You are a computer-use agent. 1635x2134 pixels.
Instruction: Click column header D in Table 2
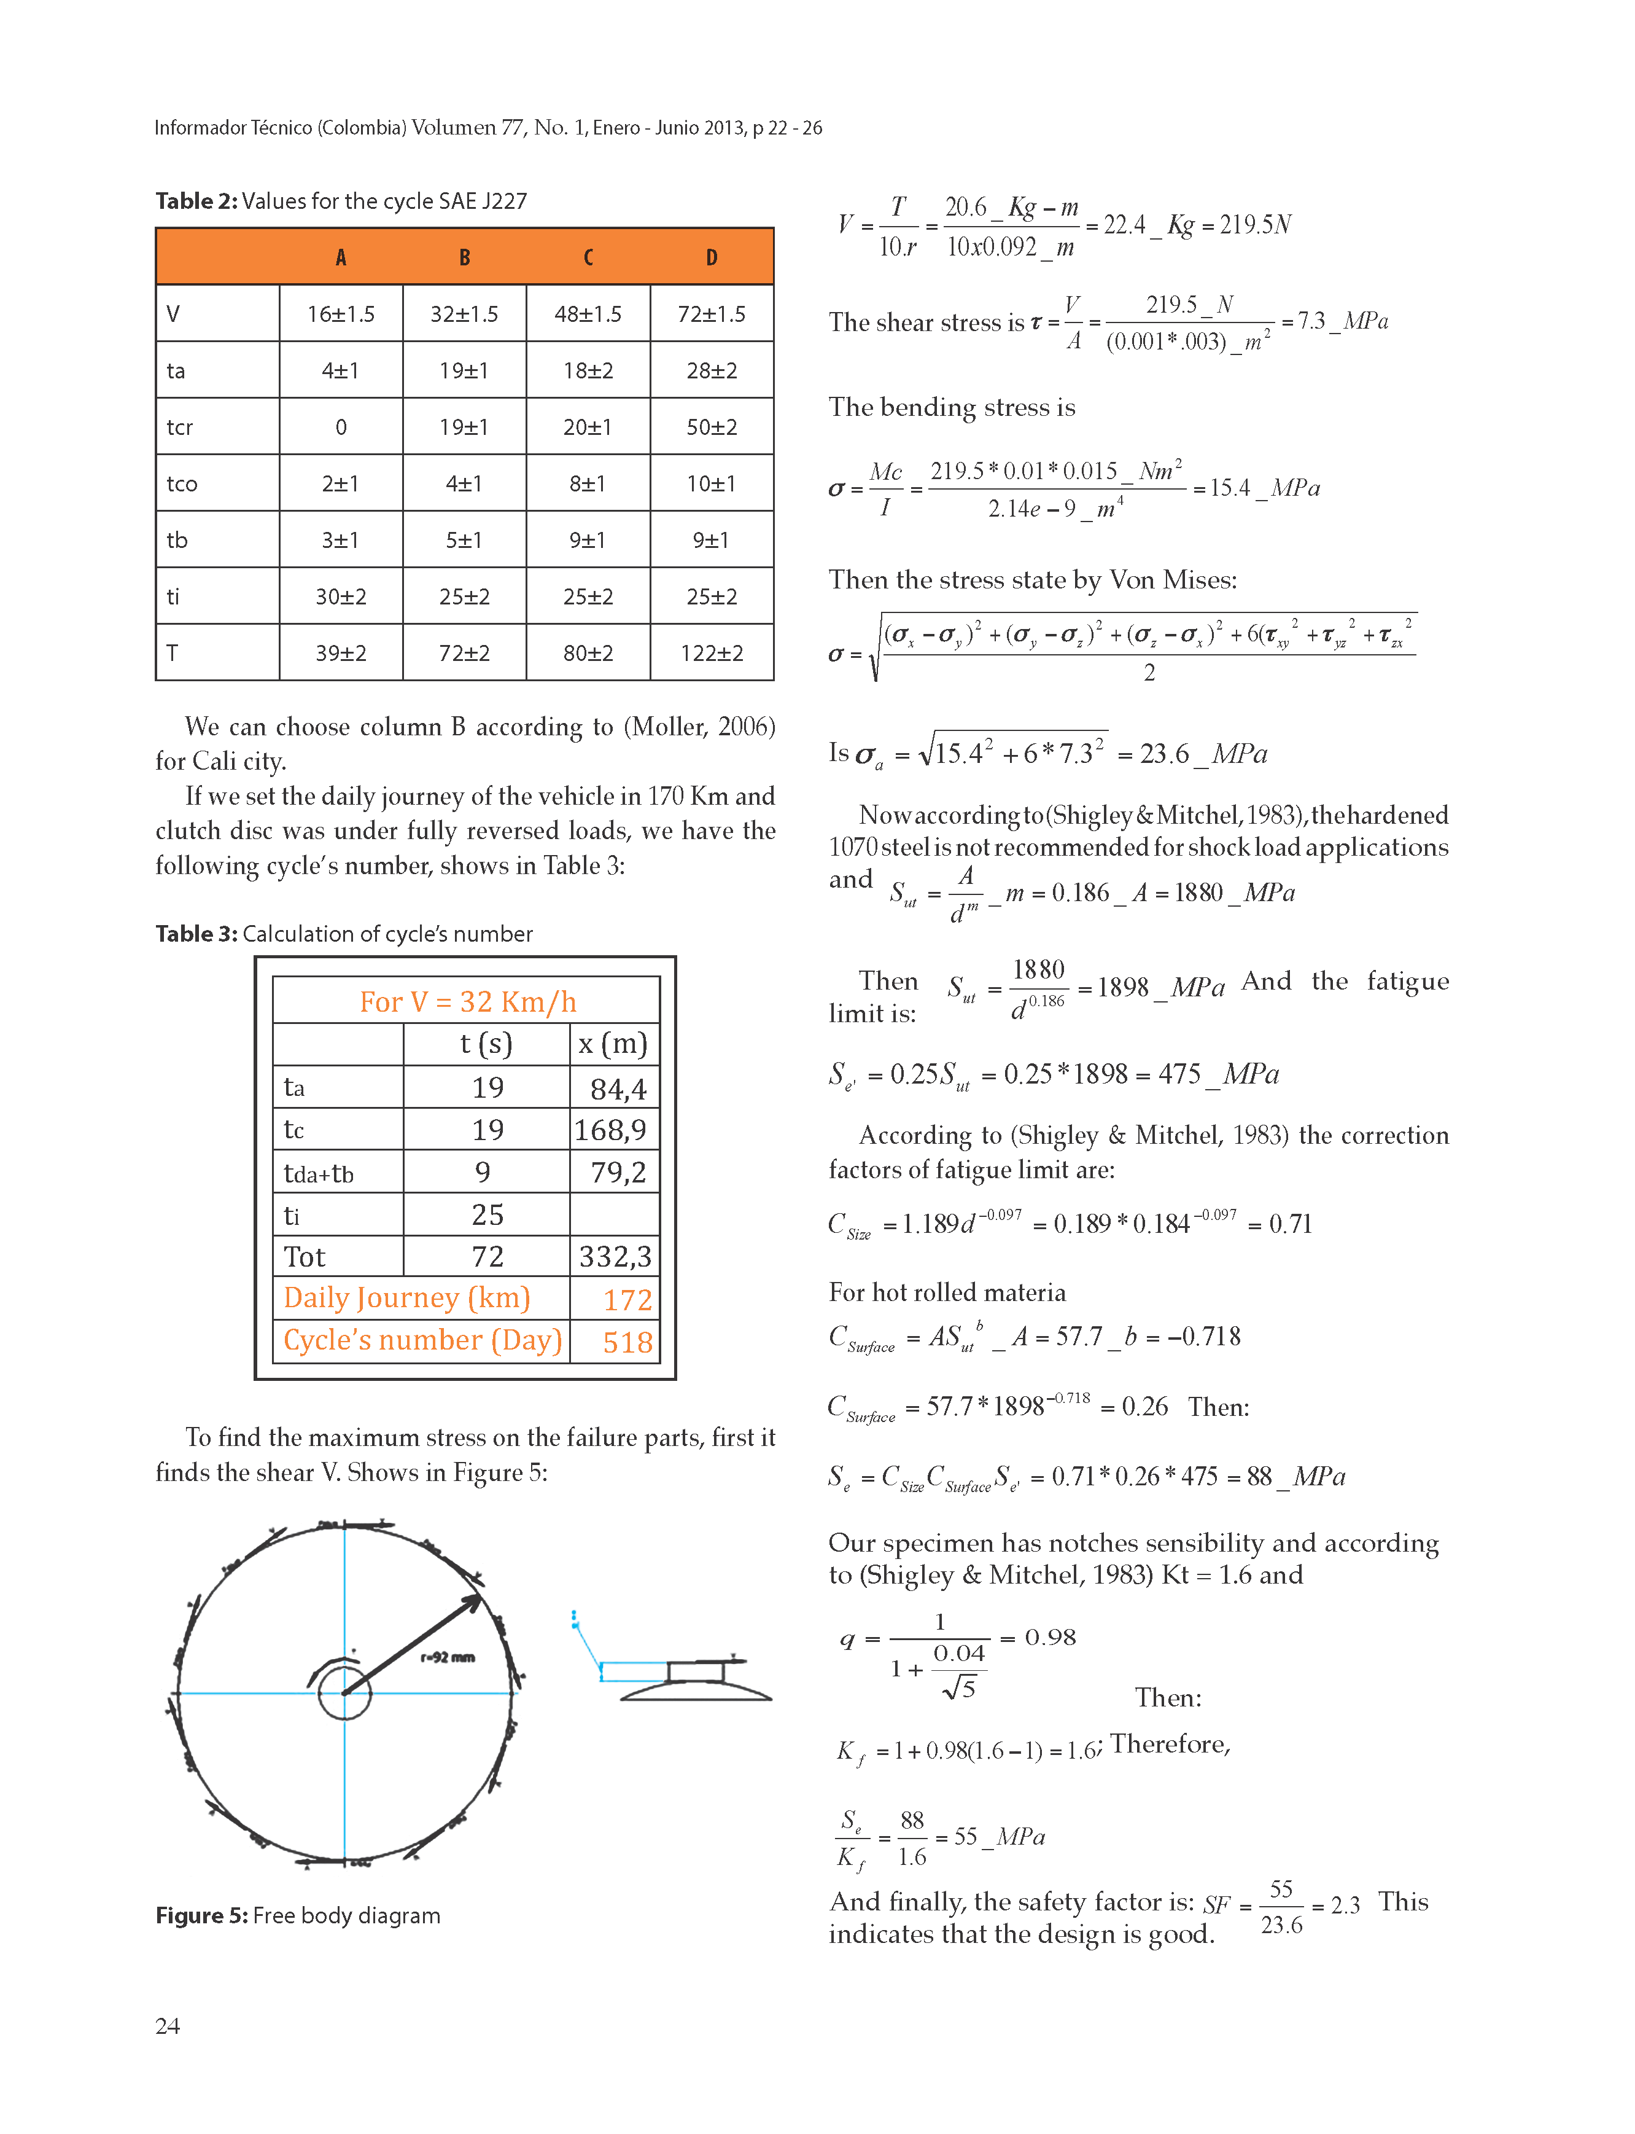(x=712, y=257)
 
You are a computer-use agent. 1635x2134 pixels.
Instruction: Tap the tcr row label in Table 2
(x=180, y=428)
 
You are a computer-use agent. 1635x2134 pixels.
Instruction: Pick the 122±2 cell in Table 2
(x=712, y=653)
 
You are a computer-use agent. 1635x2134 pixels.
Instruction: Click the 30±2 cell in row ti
(x=341, y=597)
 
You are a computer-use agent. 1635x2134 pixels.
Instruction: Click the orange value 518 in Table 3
(x=627, y=1343)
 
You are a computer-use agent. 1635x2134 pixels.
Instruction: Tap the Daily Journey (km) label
(x=407, y=1298)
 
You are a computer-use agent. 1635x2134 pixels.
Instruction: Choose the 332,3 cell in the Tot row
(x=615, y=1257)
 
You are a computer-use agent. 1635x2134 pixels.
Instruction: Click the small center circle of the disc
(x=344, y=1693)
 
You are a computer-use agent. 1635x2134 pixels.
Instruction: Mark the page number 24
(x=168, y=2026)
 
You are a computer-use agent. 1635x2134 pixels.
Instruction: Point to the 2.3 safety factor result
(x=1345, y=1905)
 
